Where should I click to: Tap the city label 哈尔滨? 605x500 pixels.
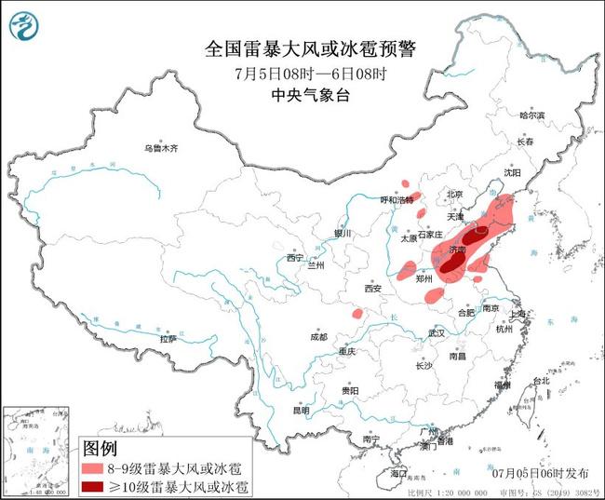pyautogui.click(x=531, y=115)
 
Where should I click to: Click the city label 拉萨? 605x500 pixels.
pyautogui.click(x=168, y=339)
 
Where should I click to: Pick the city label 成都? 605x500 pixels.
pyautogui.click(x=318, y=336)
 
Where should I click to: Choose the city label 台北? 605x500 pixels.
pyautogui.click(x=540, y=382)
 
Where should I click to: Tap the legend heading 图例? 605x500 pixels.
pyautogui.click(x=101, y=450)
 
